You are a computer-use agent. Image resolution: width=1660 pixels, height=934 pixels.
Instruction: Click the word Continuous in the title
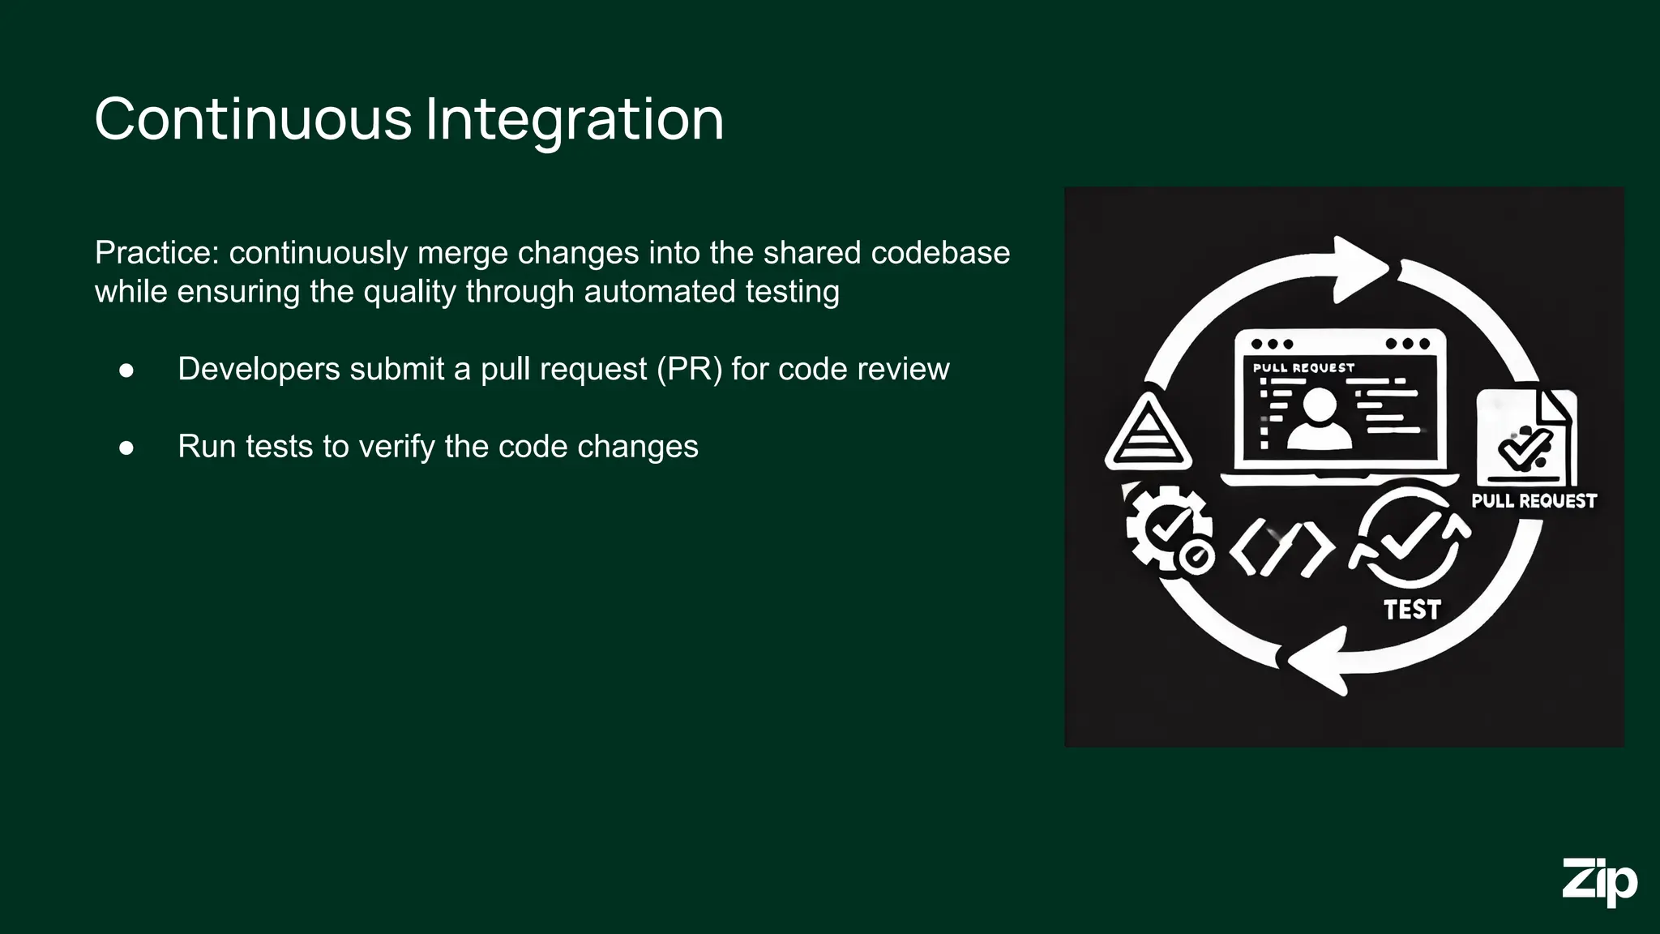point(253,120)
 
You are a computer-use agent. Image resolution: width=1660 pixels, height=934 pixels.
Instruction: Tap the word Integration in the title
point(574,120)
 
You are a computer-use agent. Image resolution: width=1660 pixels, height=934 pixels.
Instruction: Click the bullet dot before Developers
point(126,371)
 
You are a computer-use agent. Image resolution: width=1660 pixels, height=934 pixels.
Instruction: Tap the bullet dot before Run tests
point(126,448)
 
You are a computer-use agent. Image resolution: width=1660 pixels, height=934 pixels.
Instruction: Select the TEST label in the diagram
point(1412,610)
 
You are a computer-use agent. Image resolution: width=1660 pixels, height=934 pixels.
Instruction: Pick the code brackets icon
point(1281,550)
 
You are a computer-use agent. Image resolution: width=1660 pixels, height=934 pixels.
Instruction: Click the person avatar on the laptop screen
point(1320,418)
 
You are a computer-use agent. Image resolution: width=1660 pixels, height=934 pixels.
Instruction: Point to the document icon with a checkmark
point(1525,438)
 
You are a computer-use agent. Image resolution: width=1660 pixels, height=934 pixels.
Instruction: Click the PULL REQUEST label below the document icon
point(1534,501)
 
